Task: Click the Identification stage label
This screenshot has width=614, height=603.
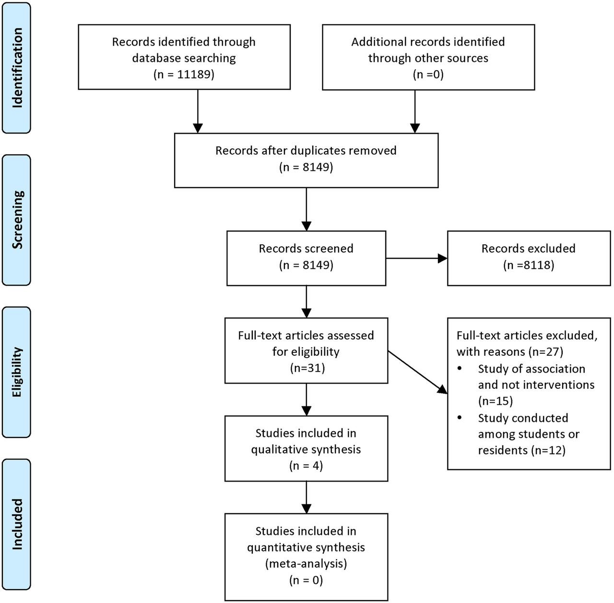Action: (17, 68)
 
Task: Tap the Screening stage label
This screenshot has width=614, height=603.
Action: (17, 220)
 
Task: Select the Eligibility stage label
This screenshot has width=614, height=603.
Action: (17, 372)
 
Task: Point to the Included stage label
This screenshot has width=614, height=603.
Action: (17, 525)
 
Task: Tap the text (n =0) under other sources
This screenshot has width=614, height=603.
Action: (428, 74)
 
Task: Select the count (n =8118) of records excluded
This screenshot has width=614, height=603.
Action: (529, 265)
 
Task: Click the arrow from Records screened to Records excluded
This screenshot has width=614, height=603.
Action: (417, 258)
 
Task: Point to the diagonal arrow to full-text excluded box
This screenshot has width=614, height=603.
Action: (418, 373)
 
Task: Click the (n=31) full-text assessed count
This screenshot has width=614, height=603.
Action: (307, 368)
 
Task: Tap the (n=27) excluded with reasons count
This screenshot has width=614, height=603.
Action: (546, 351)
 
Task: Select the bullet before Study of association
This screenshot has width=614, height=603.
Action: (460, 369)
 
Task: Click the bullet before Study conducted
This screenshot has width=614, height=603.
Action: (460, 418)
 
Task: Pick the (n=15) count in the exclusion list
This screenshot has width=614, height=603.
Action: (496, 401)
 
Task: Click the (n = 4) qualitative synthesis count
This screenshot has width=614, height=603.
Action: (306, 466)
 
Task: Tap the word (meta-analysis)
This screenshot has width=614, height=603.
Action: (306, 564)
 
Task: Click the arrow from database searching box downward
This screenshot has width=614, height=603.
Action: (198, 111)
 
